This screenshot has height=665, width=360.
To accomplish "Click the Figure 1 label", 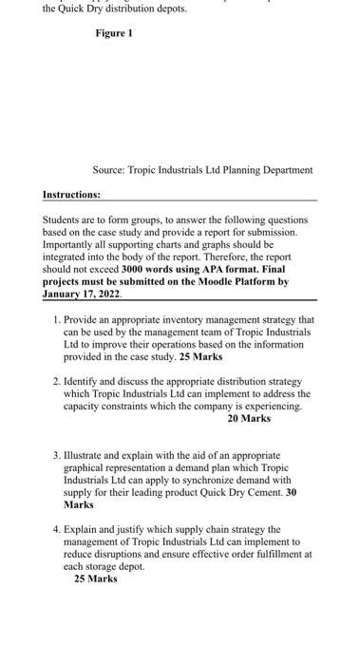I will (x=114, y=33).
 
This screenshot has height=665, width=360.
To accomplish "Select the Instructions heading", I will (x=71, y=195).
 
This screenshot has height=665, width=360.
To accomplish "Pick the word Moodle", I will (x=229, y=282).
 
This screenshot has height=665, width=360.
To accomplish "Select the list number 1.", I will (x=57, y=320).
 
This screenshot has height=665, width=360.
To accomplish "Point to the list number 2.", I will (x=57, y=381).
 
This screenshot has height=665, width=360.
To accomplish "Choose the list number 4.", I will (x=57, y=529).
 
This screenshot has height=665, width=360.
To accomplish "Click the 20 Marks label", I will (x=249, y=418).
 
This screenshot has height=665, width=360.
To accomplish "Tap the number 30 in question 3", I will (x=292, y=493).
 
